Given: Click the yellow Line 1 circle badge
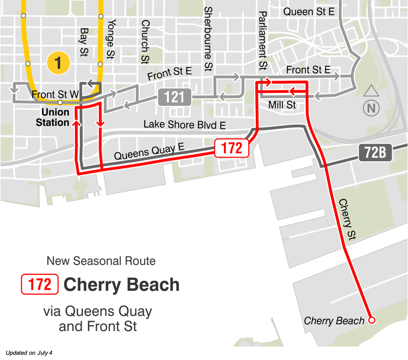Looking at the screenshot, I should tap(58, 63).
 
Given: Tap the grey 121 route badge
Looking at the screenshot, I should tap(175, 97).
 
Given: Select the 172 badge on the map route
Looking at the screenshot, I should tap(231, 148).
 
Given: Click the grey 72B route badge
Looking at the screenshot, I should tap(375, 152).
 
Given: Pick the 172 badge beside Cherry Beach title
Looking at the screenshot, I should tap(40, 284).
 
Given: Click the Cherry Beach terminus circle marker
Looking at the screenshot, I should tap(371, 320).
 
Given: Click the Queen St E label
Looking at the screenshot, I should tap(309, 12).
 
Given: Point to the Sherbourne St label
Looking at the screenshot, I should tap(208, 39).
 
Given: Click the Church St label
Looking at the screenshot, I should tap(145, 42).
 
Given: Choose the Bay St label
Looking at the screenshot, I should tap(84, 42).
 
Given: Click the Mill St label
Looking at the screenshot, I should tap(282, 105).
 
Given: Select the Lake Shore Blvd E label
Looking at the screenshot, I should tap(185, 124).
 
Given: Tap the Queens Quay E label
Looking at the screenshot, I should tap(149, 152).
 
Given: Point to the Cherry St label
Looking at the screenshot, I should tap(347, 219).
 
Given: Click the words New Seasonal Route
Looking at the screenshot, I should tap(101, 261).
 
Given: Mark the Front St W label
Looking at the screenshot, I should tap(55, 94).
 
